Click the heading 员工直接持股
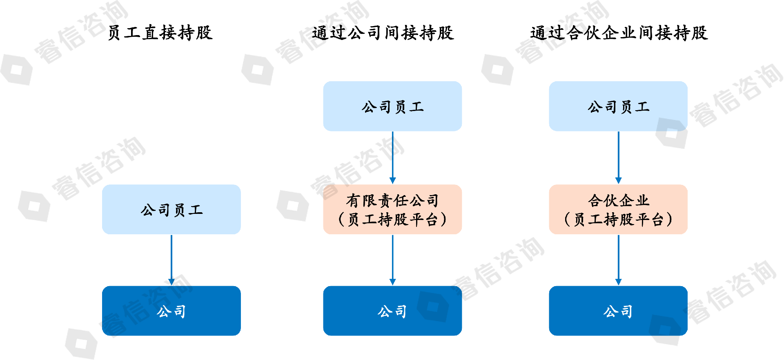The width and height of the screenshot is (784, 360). click(160, 33)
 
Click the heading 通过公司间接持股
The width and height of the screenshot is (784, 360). click(383, 33)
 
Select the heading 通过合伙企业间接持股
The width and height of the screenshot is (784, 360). click(619, 33)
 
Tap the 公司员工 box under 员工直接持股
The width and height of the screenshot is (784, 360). click(171, 209)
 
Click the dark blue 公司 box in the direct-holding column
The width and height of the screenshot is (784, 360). click(171, 311)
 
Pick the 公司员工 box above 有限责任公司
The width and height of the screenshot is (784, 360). click(392, 106)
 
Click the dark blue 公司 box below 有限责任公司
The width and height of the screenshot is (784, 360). click(392, 311)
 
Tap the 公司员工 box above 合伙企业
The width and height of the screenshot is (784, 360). click(618, 106)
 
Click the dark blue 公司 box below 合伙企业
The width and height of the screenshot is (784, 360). click(618, 311)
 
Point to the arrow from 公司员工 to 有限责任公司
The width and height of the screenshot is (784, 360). click(392, 158)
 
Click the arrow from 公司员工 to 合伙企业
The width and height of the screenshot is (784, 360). click(618, 158)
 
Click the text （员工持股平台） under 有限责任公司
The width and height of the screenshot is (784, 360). click(392, 220)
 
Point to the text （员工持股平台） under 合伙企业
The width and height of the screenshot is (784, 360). click(618, 220)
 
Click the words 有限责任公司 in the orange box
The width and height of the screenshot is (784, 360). click(392, 200)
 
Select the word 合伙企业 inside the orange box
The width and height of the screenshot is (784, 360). click(618, 200)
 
